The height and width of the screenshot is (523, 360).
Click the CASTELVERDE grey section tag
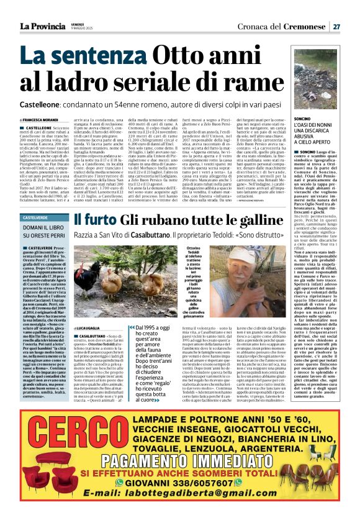(x=38, y=217)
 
